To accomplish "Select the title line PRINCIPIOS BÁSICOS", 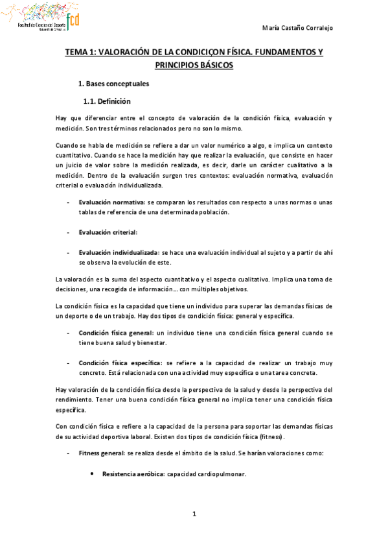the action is pos(194,66).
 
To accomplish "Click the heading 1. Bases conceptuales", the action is pos(113,84).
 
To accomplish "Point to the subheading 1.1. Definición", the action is pos(107,101).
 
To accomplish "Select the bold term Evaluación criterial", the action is pos(108,232).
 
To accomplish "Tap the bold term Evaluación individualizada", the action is pos(119,252).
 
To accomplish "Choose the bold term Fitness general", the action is pos(102,452).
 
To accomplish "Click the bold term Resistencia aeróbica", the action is pos(133,474).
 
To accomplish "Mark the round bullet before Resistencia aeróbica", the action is pos(95,474).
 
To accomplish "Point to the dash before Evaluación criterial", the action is pos(68,232).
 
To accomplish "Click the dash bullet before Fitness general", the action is pos(68,452).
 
